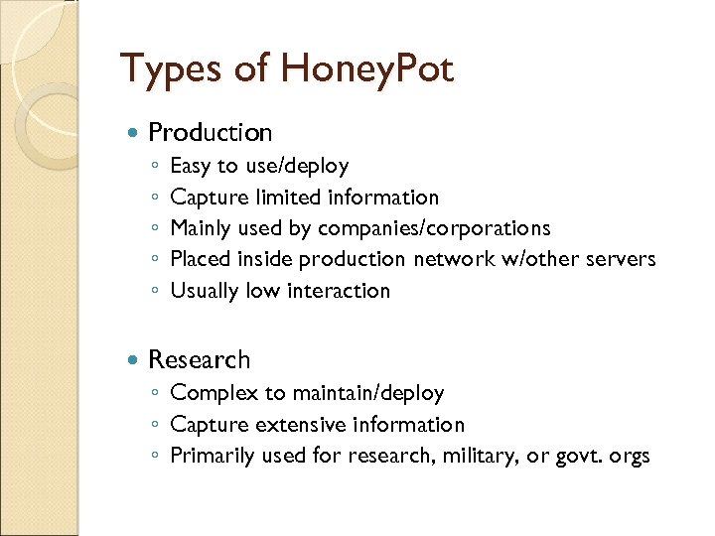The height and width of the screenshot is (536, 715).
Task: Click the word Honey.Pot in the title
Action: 367,69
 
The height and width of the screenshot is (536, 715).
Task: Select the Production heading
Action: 210,132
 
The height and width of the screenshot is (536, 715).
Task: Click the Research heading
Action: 199,359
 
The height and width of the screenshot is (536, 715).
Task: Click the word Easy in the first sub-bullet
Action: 191,166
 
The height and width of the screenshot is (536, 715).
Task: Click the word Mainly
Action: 202,228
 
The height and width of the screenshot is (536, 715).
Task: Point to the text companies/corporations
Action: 434,228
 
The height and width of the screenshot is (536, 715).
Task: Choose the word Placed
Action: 201,259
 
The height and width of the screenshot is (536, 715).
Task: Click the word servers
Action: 620,259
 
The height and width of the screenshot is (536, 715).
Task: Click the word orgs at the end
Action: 630,457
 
